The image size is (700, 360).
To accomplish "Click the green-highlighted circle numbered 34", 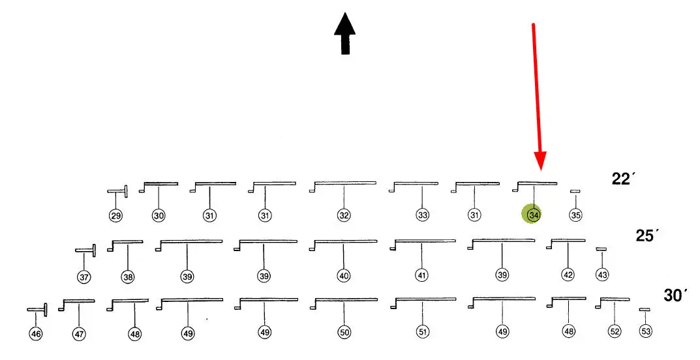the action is point(534,214).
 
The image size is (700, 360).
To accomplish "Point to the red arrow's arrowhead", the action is point(540,160).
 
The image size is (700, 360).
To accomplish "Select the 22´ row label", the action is point(623,179).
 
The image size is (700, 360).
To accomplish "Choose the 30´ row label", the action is point(676,295).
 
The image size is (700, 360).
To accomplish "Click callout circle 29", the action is point(116,215).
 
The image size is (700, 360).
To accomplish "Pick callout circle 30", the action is point(159,215).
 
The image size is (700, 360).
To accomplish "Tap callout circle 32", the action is point(344,215).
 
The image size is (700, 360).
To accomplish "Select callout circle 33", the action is point(422,215).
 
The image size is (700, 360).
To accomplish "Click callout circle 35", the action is point(575,215).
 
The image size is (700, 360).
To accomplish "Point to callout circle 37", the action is point(84,277).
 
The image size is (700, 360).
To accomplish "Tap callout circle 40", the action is point(344,276).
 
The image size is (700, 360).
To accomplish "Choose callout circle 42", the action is point(568,275).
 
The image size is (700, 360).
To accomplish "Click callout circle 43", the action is point(602,275).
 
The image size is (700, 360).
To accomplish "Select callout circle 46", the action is point(36,334).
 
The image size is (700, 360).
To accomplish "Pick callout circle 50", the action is point(344,333).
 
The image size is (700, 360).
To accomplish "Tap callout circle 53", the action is point(645,332).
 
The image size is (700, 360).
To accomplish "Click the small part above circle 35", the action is point(575,191).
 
